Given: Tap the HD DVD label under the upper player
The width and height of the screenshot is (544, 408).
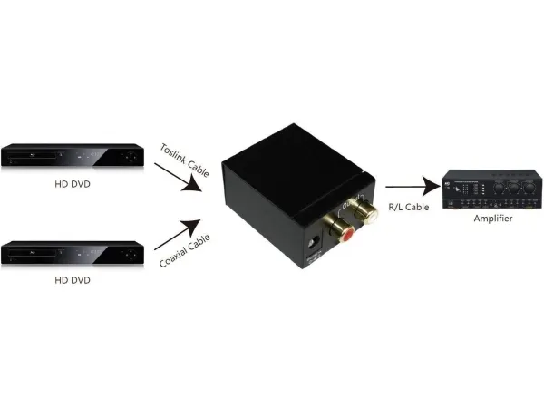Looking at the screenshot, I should [x=73, y=185].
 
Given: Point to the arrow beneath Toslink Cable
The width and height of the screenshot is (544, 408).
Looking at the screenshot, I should [x=178, y=178].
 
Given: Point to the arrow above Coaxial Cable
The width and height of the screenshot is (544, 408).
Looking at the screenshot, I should [x=178, y=233].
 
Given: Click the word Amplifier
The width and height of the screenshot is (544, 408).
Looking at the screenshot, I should [x=494, y=219].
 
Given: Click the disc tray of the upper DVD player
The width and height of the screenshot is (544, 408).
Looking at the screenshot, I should [x=36, y=150].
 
